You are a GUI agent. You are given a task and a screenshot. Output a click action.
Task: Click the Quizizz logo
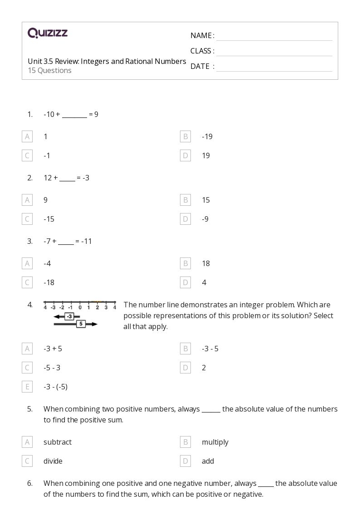(x=48, y=33)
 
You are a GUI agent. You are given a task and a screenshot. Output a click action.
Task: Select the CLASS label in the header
(x=202, y=51)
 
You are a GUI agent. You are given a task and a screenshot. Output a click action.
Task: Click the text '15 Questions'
(x=49, y=70)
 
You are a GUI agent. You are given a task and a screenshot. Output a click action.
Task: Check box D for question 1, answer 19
(x=185, y=155)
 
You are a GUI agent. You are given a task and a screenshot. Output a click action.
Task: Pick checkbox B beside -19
(x=185, y=136)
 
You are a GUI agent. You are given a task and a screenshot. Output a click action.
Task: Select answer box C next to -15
(x=27, y=219)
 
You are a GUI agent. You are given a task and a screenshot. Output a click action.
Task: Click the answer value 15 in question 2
(x=206, y=200)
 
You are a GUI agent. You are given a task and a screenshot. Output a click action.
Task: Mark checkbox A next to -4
(x=27, y=263)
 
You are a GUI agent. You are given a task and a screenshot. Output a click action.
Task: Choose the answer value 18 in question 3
(x=206, y=263)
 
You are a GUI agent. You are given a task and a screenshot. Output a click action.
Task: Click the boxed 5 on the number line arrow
(x=81, y=324)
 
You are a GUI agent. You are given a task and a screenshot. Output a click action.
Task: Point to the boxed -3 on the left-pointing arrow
(x=69, y=316)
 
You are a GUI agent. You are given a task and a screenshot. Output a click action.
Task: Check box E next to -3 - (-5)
(x=27, y=387)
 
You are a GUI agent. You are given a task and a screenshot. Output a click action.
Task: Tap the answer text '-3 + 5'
(x=53, y=349)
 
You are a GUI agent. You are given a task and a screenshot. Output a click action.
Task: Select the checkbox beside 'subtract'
(x=27, y=442)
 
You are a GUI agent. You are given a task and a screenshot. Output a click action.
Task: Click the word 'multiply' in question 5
(x=215, y=442)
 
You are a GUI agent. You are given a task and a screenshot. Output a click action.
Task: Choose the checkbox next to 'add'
(x=185, y=461)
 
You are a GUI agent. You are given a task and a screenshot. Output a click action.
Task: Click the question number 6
(x=29, y=483)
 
